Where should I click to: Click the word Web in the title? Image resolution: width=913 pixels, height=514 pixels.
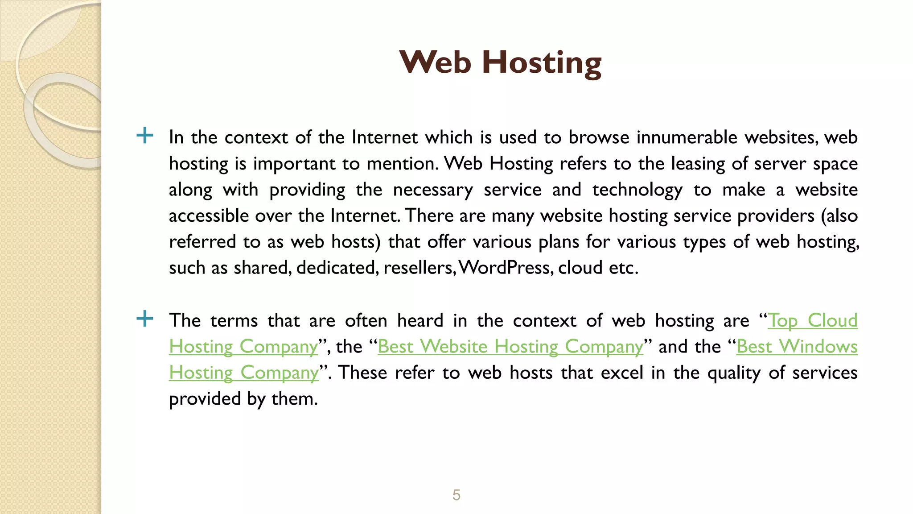(435, 62)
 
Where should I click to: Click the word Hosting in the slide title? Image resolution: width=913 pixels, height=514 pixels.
(542, 63)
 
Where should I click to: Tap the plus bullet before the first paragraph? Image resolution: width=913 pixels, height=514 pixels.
(145, 135)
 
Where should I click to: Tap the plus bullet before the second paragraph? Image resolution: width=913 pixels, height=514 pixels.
(145, 319)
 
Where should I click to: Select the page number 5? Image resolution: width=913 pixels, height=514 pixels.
(456, 495)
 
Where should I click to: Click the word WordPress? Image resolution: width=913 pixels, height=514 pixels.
(506, 268)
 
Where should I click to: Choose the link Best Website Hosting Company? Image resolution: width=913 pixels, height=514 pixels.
(510, 347)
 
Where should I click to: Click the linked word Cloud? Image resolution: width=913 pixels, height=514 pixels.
(832, 321)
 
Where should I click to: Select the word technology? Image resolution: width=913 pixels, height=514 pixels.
(637, 190)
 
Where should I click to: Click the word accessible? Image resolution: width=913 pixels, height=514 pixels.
(209, 216)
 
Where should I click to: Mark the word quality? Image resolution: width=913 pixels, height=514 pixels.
(734, 373)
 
